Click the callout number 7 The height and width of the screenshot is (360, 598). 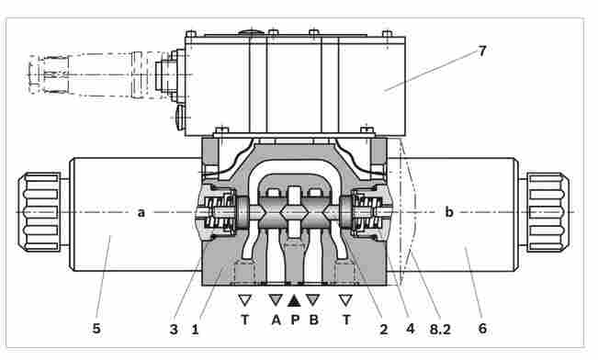(x=482, y=51)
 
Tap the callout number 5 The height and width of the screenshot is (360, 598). (x=96, y=328)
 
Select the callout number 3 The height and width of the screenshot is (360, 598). (x=174, y=329)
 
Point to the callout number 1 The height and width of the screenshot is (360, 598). (x=196, y=329)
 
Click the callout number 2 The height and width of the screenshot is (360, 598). (x=384, y=329)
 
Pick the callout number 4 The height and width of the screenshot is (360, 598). (x=411, y=328)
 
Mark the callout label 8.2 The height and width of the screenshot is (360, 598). (x=440, y=329)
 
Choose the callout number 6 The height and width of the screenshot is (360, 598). (x=482, y=328)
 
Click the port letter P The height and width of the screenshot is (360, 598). (x=295, y=320)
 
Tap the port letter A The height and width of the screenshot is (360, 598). (x=276, y=320)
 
